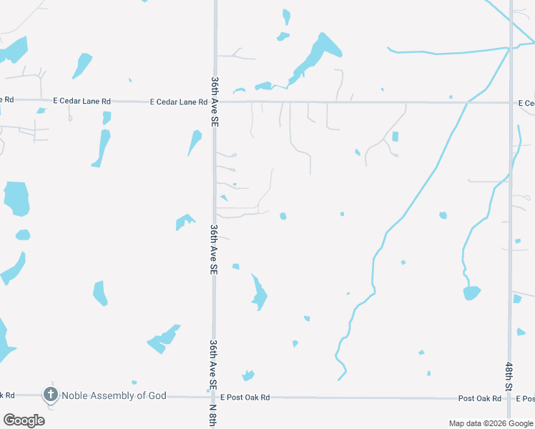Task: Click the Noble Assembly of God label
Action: tap(114, 395)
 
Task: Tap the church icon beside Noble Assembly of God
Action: tap(50, 394)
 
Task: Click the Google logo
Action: tap(24, 420)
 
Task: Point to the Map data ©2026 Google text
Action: tap(490, 423)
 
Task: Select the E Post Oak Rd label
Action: tap(245, 398)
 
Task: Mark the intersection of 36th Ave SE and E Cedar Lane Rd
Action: tap(215, 102)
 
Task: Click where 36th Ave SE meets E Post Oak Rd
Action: tap(213, 396)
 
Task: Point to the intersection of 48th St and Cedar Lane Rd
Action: tap(511, 102)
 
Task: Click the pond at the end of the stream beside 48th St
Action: tap(471, 292)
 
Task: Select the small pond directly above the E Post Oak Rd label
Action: tap(248, 375)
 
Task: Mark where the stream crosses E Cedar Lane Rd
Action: tap(467, 102)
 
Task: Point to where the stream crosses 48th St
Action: tap(510, 46)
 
